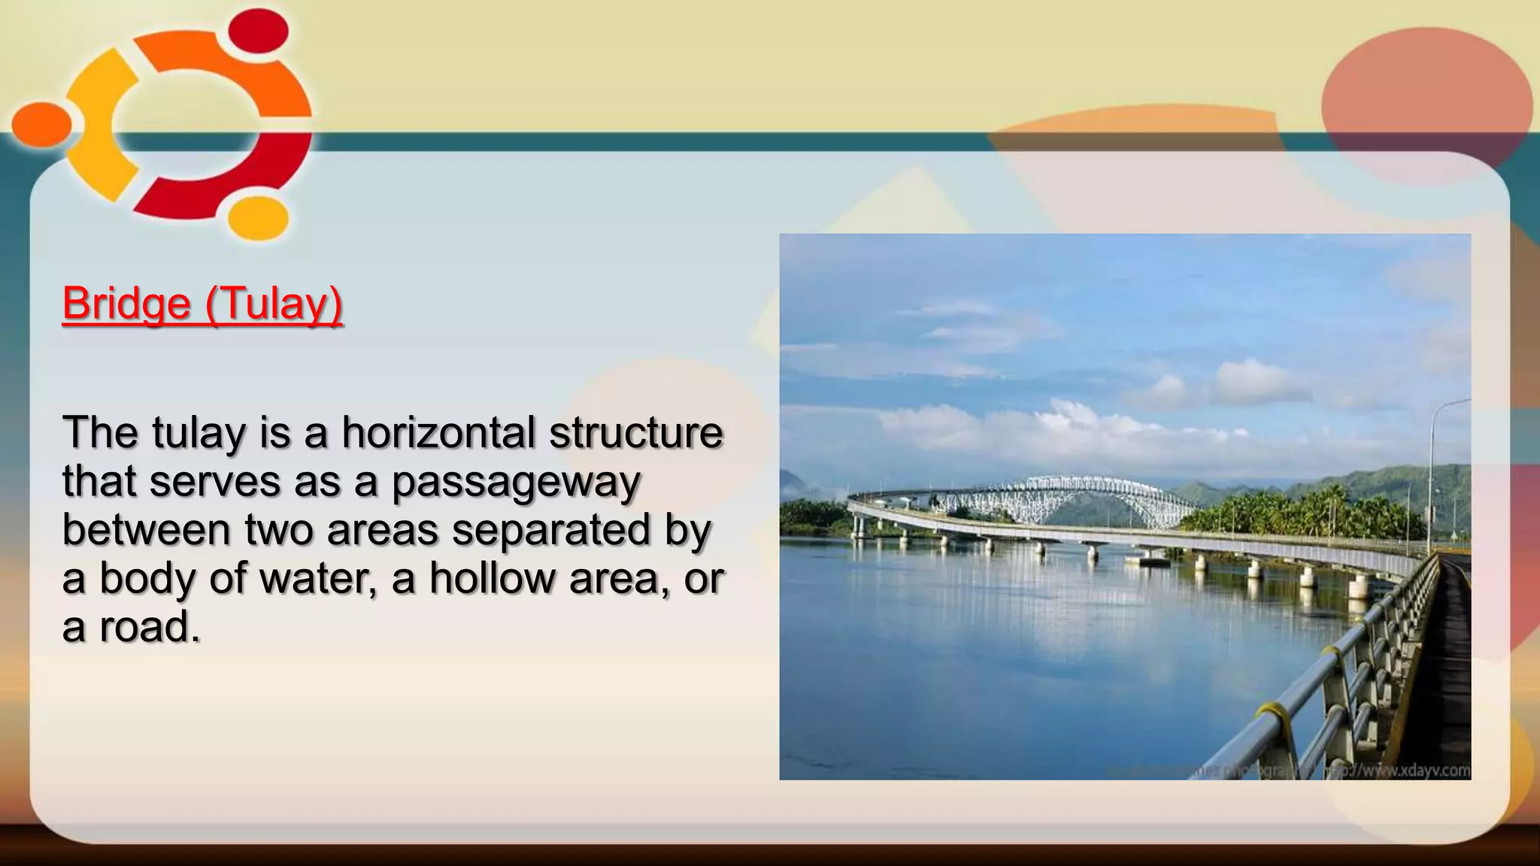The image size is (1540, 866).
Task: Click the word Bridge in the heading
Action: point(126,304)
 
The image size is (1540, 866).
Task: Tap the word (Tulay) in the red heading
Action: point(274,304)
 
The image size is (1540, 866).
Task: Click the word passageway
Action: point(516,481)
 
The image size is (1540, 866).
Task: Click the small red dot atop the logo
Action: point(258,30)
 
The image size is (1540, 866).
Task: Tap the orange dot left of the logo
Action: point(41,124)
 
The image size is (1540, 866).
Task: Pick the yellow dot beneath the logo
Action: point(258,218)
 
